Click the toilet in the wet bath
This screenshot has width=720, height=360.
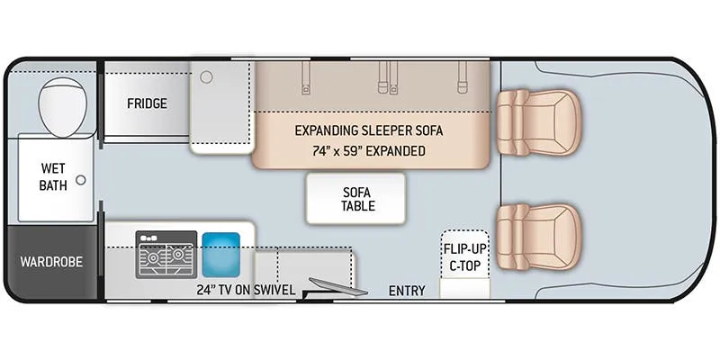click(x=63, y=107)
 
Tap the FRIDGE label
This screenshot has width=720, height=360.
click(x=147, y=103)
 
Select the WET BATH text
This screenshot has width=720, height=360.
click(x=53, y=176)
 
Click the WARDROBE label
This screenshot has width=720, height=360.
click(x=51, y=262)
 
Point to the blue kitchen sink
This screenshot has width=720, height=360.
click(x=220, y=255)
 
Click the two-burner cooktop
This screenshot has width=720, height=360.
click(x=166, y=256)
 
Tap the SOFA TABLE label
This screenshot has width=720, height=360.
click(x=357, y=198)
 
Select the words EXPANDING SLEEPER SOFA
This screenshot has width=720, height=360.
click(x=369, y=130)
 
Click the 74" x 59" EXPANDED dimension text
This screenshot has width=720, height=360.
click(x=369, y=150)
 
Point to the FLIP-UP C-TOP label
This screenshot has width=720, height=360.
click(x=464, y=257)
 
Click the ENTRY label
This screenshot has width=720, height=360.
click(x=407, y=291)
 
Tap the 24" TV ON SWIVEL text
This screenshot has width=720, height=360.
click(x=246, y=290)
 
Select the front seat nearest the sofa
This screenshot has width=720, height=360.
click(x=537, y=122)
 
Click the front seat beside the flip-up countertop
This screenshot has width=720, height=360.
click(x=537, y=238)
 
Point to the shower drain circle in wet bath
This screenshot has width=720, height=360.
click(x=81, y=180)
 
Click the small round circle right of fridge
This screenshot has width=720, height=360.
click(x=207, y=77)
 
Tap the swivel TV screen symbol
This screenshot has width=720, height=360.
click(x=338, y=287)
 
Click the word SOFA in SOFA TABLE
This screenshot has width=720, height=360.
click(x=357, y=192)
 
